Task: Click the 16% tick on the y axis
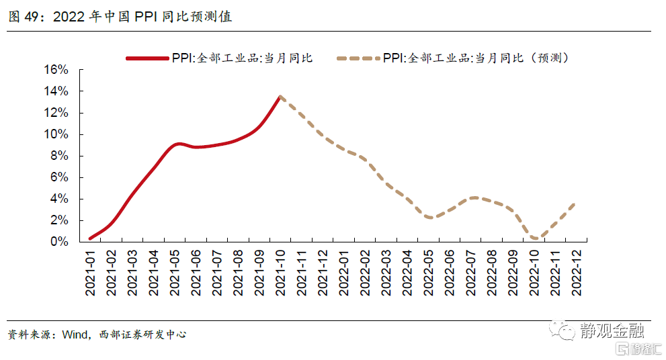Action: pyautogui.click(x=56, y=70)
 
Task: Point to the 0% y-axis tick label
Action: pyautogui.click(x=59, y=242)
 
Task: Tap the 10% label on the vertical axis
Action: pyautogui.click(x=56, y=134)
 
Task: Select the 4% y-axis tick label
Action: pyautogui.click(x=59, y=199)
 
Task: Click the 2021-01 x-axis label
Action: pyautogui.click(x=91, y=271)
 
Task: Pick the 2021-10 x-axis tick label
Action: pyautogui.click(x=281, y=271)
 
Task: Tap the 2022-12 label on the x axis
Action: pyautogui.click(x=576, y=271)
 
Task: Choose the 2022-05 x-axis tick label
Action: pyautogui.click(x=428, y=271)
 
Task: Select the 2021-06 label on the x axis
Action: pyautogui.click(x=196, y=271)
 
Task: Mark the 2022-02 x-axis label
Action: pyautogui.click(x=365, y=271)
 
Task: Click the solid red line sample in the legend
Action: pyautogui.click(x=147, y=58)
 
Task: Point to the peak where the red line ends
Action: pyautogui.click(x=280, y=96)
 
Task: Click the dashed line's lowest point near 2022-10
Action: pyautogui.click(x=534, y=238)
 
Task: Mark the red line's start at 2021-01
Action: pyautogui.click(x=90, y=238)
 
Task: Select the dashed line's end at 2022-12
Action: pyautogui.click(x=575, y=203)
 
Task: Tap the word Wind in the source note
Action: pyautogui.click(x=75, y=334)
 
